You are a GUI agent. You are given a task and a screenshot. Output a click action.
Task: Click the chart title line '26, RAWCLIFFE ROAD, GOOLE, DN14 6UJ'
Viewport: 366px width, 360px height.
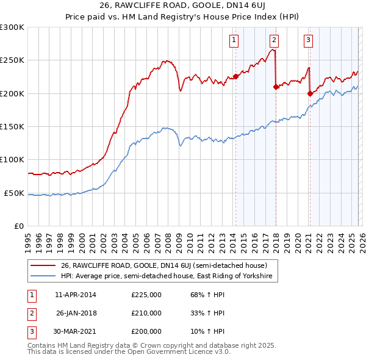coord(182,5)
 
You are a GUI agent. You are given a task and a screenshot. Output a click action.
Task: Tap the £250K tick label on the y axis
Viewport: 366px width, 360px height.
coord(12,60)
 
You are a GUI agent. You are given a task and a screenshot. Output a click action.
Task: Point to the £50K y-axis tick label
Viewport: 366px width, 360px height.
coord(13,193)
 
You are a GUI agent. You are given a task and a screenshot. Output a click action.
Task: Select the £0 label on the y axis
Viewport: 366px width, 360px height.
coord(19,226)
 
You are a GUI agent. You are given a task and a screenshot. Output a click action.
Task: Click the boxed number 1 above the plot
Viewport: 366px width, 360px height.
coord(234,40)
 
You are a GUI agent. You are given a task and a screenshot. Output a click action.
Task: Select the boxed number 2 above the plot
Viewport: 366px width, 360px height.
coord(274,40)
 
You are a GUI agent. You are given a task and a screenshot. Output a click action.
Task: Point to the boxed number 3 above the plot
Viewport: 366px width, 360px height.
coord(309,40)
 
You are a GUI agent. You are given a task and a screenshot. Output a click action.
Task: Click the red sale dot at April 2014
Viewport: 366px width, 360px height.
coord(235,77)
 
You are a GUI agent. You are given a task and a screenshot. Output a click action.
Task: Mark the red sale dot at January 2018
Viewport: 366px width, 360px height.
coord(276,87)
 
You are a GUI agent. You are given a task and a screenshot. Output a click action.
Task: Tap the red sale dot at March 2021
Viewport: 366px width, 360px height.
coord(310,93)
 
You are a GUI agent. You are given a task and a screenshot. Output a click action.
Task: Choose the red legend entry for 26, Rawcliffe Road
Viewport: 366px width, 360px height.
coord(163,265)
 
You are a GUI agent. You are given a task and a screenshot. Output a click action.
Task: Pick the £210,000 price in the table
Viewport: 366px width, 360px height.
coord(146,313)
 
